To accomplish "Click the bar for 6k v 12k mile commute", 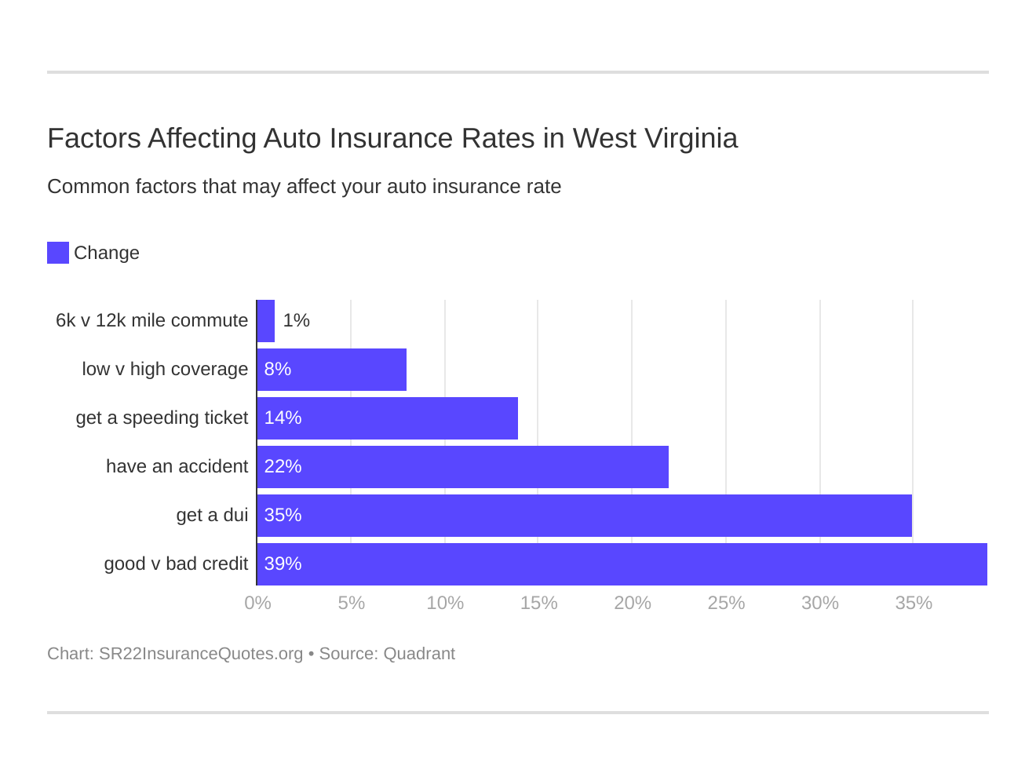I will [266, 321].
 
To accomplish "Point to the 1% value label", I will [297, 320].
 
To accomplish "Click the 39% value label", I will [283, 564].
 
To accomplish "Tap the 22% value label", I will [283, 466].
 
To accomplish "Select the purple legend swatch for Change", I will [58, 253].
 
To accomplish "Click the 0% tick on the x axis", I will [257, 603].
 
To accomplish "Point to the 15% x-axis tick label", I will [538, 603].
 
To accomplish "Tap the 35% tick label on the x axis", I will [914, 603].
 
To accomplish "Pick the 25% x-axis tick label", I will [726, 603].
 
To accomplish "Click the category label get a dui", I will [212, 515].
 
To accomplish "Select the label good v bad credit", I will [176, 564].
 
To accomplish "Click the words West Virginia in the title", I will [655, 138].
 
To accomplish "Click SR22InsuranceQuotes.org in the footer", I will [200, 654].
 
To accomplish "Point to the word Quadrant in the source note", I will [419, 654].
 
